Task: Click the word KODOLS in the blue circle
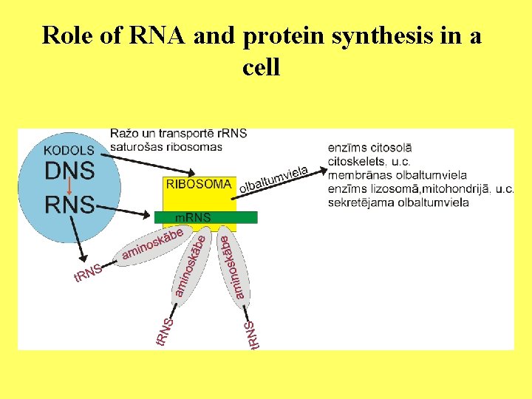coord(69,150)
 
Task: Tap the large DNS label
coord(69,171)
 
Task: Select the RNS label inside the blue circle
coord(69,204)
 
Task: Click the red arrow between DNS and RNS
coord(69,187)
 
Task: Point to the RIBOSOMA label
coord(199,184)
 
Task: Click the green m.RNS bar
coord(205,217)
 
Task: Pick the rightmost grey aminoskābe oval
coord(234,267)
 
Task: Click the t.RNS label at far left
coord(86,274)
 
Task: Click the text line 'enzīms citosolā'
coord(369,149)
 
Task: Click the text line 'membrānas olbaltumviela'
coord(397,175)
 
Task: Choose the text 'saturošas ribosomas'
coord(166,146)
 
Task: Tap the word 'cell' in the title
coord(261,68)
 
